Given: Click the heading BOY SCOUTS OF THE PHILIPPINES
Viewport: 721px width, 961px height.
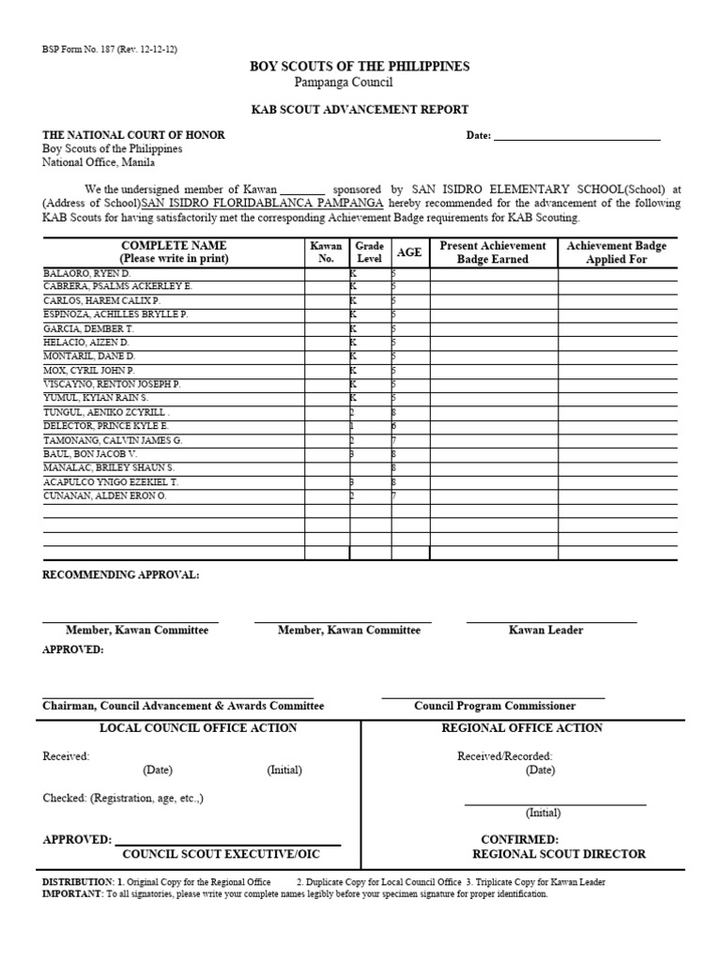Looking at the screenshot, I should pos(360,67).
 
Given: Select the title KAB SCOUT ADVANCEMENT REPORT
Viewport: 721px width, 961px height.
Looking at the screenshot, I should pos(360,110).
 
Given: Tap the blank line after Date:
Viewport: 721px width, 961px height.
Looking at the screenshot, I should pos(576,135).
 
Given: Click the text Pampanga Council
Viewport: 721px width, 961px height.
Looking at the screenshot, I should pos(360,83).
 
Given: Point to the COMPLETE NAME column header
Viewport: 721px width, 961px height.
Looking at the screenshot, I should pos(174,252).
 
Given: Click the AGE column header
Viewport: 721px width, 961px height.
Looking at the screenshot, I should pos(409,252).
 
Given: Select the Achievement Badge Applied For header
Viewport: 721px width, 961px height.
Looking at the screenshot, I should pos(617,252).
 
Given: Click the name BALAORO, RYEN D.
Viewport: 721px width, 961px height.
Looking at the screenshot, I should pos(87,272).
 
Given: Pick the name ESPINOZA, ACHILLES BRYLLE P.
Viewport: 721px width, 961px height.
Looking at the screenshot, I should pos(115,314).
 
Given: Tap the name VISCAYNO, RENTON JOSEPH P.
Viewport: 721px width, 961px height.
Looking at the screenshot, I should pos(112,384).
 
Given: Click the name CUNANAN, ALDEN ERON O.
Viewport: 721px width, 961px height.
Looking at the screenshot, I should pos(104,496).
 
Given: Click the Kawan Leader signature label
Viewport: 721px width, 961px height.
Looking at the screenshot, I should pos(545,630).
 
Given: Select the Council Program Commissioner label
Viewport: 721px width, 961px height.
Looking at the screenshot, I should pos(495,706).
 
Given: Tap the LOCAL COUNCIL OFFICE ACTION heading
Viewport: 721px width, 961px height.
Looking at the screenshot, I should pos(198,728).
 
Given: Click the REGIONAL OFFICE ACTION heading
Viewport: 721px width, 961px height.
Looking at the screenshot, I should pos(522,728).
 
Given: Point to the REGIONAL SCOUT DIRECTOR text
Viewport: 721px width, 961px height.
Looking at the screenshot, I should pos(559,854).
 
